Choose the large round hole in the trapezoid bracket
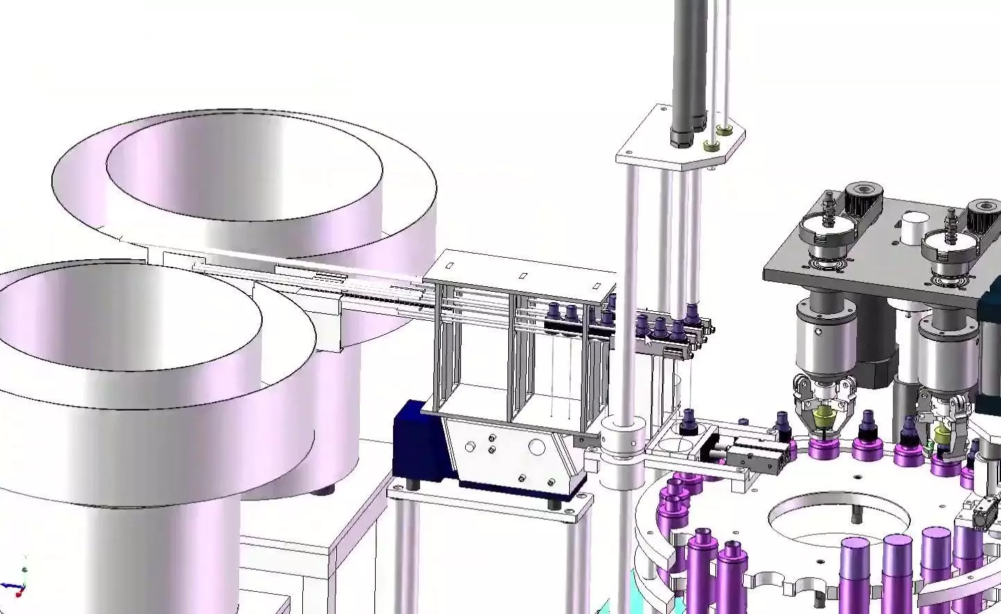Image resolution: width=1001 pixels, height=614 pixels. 537,448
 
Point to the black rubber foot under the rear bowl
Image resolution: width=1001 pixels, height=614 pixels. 320,491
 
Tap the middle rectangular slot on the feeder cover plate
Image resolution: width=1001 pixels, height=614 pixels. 523,277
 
